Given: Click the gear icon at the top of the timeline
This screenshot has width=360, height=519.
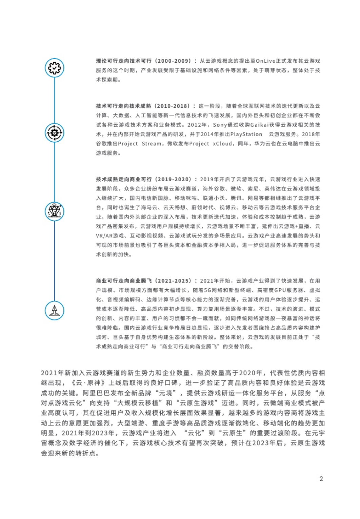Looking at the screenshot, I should (54, 68).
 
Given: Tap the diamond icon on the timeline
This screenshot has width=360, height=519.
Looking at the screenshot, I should (54, 211).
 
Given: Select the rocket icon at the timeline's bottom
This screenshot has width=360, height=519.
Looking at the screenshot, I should (54, 310).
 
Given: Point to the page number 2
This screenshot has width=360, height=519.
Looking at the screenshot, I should (321, 479).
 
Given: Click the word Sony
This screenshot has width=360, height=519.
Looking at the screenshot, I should (220, 125).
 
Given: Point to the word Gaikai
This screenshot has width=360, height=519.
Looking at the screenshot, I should (260, 125).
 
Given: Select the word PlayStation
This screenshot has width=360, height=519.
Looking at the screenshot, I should (246, 134).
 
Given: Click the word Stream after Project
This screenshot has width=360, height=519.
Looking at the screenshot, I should (152, 144).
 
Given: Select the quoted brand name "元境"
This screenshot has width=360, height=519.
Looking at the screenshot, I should (166, 393).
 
